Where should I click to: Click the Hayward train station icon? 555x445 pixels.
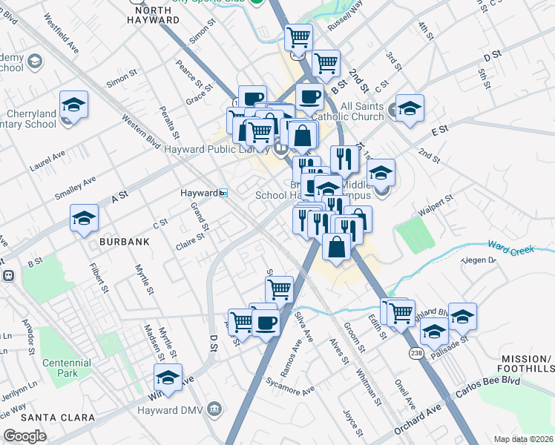click(x=223, y=193)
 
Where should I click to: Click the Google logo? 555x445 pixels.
click(x=24, y=436)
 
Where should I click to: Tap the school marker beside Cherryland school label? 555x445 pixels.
click(x=73, y=105)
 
